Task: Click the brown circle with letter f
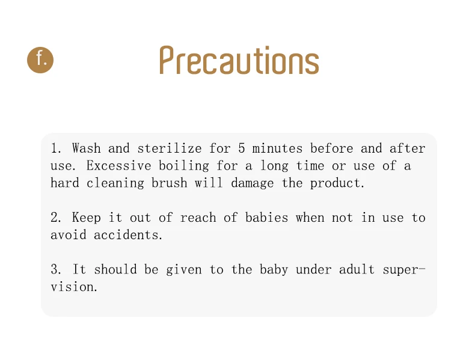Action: [x=40, y=60]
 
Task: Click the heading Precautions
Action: [x=239, y=60]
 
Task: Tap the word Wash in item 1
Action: [x=87, y=148]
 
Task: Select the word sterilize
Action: [x=170, y=148]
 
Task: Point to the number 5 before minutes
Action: [x=242, y=148]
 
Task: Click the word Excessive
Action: [x=118, y=166]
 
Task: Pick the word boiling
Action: [x=184, y=166]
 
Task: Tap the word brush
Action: [x=170, y=183]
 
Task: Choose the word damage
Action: [x=253, y=183]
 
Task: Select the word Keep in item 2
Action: [x=87, y=218]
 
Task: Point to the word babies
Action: [x=266, y=218]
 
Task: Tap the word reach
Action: [x=198, y=218]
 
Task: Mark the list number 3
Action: [x=55, y=269]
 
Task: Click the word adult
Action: [x=357, y=269]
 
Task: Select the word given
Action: [x=184, y=270]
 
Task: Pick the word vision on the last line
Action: [x=72, y=287]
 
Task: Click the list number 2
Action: [x=55, y=218]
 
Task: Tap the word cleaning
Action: [x=115, y=183]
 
